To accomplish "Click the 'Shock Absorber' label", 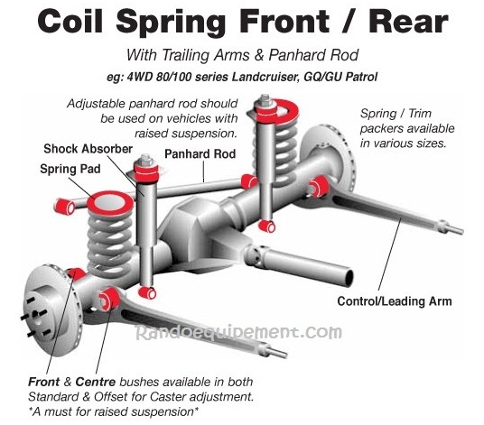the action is [x=88, y=149].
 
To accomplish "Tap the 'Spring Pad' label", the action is [x=70, y=169].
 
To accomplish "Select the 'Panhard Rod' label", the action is [x=200, y=153].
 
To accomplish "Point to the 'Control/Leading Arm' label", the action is [x=395, y=301].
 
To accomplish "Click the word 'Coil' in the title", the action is [x=70, y=21].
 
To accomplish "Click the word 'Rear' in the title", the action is [x=408, y=22].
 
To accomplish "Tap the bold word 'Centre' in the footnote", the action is [x=96, y=382].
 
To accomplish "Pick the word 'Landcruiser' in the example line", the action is [x=266, y=77].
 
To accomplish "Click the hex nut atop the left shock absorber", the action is [x=145, y=160].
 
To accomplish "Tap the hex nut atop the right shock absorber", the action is [x=265, y=99].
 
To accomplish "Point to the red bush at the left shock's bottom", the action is [x=147, y=292].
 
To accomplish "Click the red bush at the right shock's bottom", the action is [x=266, y=226].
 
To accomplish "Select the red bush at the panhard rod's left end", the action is [x=64, y=207].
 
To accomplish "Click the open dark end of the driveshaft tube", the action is [x=349, y=277].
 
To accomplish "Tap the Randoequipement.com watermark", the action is [x=239, y=332].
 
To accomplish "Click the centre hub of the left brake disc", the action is [x=36, y=315].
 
